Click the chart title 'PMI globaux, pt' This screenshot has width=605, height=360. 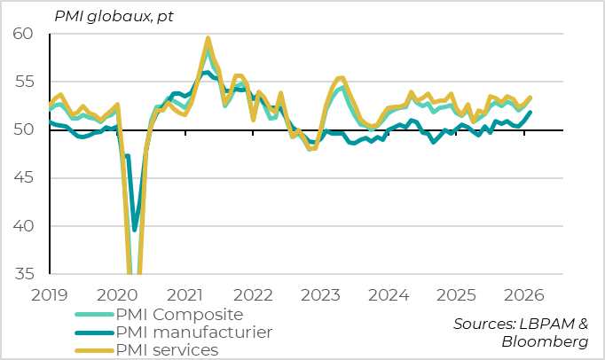[x=114, y=16]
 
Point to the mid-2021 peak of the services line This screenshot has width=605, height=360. [x=208, y=38]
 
